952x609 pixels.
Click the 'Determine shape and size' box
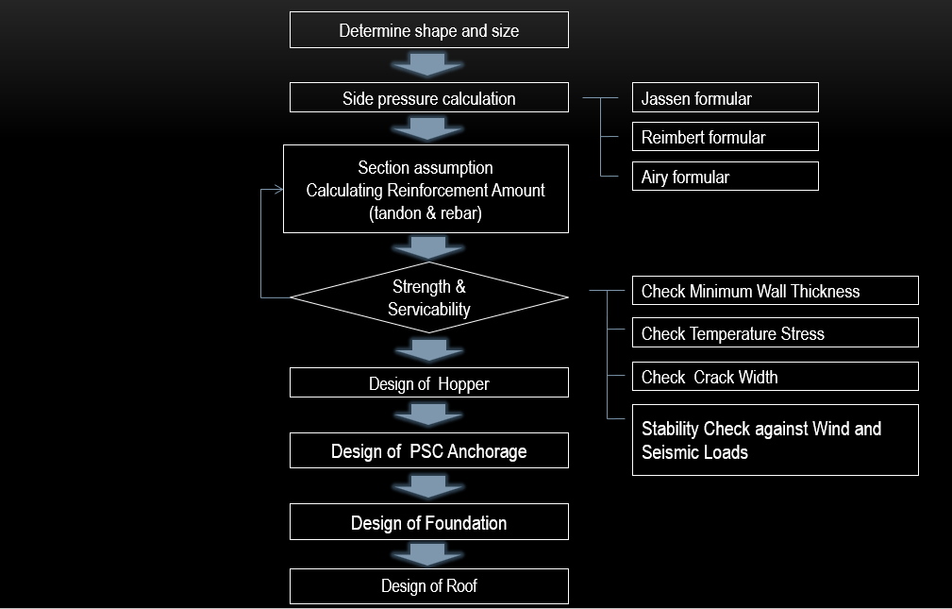[x=428, y=30]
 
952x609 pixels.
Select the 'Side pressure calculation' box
[x=428, y=98]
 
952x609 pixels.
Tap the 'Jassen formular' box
[x=725, y=98]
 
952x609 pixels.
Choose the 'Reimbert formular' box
[x=725, y=137]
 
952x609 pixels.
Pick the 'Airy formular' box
[x=725, y=177]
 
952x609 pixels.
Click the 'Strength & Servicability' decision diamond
[x=428, y=297]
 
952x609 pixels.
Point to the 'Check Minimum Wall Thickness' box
[x=775, y=291]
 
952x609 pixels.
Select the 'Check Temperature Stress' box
[x=775, y=333]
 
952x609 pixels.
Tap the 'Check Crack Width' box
[x=775, y=377]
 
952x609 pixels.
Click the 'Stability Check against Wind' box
[x=775, y=440]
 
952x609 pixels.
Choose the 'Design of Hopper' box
[x=428, y=383]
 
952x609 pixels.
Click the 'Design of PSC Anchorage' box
[x=428, y=451]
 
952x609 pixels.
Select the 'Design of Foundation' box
[x=428, y=522]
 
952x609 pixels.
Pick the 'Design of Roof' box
[x=428, y=586]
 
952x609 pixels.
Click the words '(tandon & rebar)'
[x=426, y=213]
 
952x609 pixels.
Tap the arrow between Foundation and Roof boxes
[x=428, y=554]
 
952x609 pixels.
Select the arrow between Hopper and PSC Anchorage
[x=428, y=414]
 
